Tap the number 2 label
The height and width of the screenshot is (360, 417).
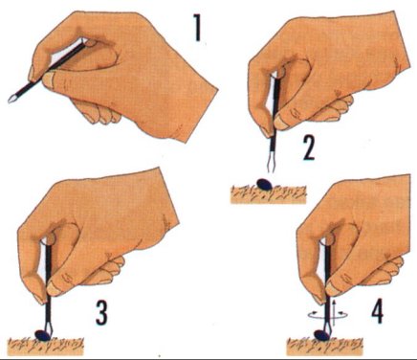(x=309, y=148)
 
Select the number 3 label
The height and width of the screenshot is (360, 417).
(x=101, y=313)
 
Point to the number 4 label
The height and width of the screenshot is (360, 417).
(x=377, y=310)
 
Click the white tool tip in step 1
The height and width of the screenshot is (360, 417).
(x=11, y=99)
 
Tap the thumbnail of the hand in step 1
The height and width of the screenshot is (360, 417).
(x=48, y=79)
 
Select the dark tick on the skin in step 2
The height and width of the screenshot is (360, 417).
(x=265, y=184)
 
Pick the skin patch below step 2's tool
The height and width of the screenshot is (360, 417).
(x=268, y=194)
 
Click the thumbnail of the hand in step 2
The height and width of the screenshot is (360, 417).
(x=281, y=122)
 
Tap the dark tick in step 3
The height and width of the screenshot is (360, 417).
(x=43, y=335)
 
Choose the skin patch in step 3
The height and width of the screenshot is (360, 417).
(x=47, y=346)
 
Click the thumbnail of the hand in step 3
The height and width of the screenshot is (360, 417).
(x=53, y=288)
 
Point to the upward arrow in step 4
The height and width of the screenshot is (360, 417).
(x=334, y=312)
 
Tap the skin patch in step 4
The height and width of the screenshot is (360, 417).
(x=325, y=347)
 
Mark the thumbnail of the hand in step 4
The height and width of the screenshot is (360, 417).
(x=332, y=289)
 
